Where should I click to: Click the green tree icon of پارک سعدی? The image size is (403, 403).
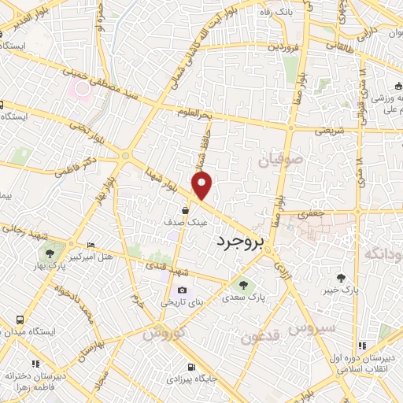coord(243,285)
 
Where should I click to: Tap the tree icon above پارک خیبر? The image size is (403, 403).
coord(340,278)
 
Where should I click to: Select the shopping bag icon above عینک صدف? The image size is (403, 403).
coord(184,210)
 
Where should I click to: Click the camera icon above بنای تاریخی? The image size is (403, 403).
coord(183,290)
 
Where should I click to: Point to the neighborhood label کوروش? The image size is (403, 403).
coord(165,333)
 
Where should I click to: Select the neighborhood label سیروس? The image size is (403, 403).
coord(312,327)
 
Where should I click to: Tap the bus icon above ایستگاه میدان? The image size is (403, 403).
coord(20,321)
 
